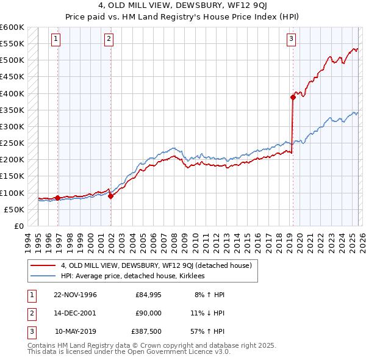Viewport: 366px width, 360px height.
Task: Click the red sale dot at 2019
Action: [x=293, y=97]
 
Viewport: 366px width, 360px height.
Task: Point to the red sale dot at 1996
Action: [x=57, y=198]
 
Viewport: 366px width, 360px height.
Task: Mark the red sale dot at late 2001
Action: [x=111, y=196]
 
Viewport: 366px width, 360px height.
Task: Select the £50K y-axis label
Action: [x=14, y=209]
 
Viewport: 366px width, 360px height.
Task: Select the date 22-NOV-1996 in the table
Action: [x=75, y=295]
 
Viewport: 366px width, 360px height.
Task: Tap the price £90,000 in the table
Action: [x=148, y=313]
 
